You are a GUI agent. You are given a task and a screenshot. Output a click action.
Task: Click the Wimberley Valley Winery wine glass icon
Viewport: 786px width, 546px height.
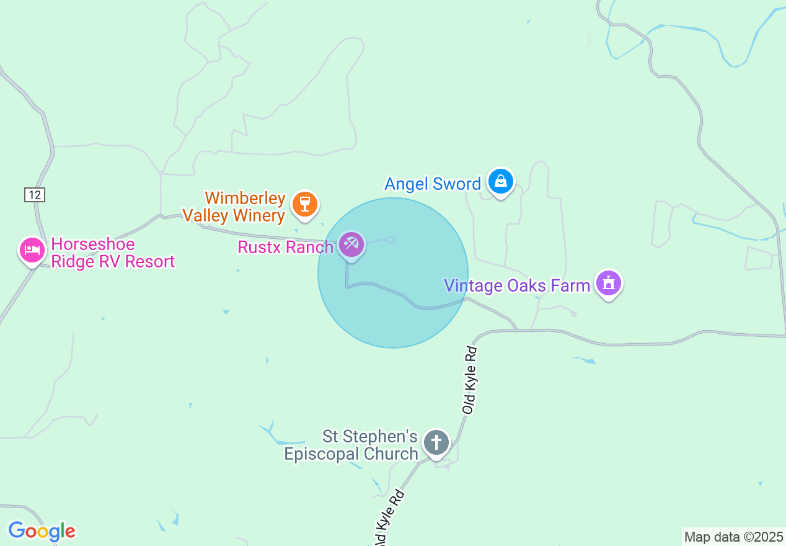tap(304, 204)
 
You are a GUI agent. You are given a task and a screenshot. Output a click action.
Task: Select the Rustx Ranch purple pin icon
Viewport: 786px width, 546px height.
tap(351, 243)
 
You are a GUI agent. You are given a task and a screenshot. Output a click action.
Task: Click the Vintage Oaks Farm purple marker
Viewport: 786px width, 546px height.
tap(609, 284)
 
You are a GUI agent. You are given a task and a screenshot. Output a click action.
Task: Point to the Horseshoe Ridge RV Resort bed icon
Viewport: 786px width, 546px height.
tap(32, 250)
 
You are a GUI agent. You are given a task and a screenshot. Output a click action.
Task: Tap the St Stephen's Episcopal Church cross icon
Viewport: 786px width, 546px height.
tap(436, 443)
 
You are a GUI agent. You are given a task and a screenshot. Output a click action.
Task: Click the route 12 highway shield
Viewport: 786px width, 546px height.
tap(35, 194)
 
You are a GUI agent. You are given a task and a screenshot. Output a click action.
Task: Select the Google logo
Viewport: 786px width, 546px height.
tap(42, 531)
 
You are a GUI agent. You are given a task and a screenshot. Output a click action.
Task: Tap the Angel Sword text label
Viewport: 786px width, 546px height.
tap(433, 184)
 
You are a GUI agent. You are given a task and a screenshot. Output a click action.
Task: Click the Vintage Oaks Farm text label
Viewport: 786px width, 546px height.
tap(517, 285)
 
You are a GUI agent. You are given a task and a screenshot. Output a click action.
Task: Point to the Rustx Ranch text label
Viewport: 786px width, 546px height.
tap(286, 247)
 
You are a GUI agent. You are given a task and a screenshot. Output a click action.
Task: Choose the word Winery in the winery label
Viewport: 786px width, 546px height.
tap(256, 215)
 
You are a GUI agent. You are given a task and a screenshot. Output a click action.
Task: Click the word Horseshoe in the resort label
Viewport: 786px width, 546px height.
tap(93, 244)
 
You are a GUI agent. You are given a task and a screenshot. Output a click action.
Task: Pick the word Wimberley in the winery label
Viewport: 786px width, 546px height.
tap(245, 199)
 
